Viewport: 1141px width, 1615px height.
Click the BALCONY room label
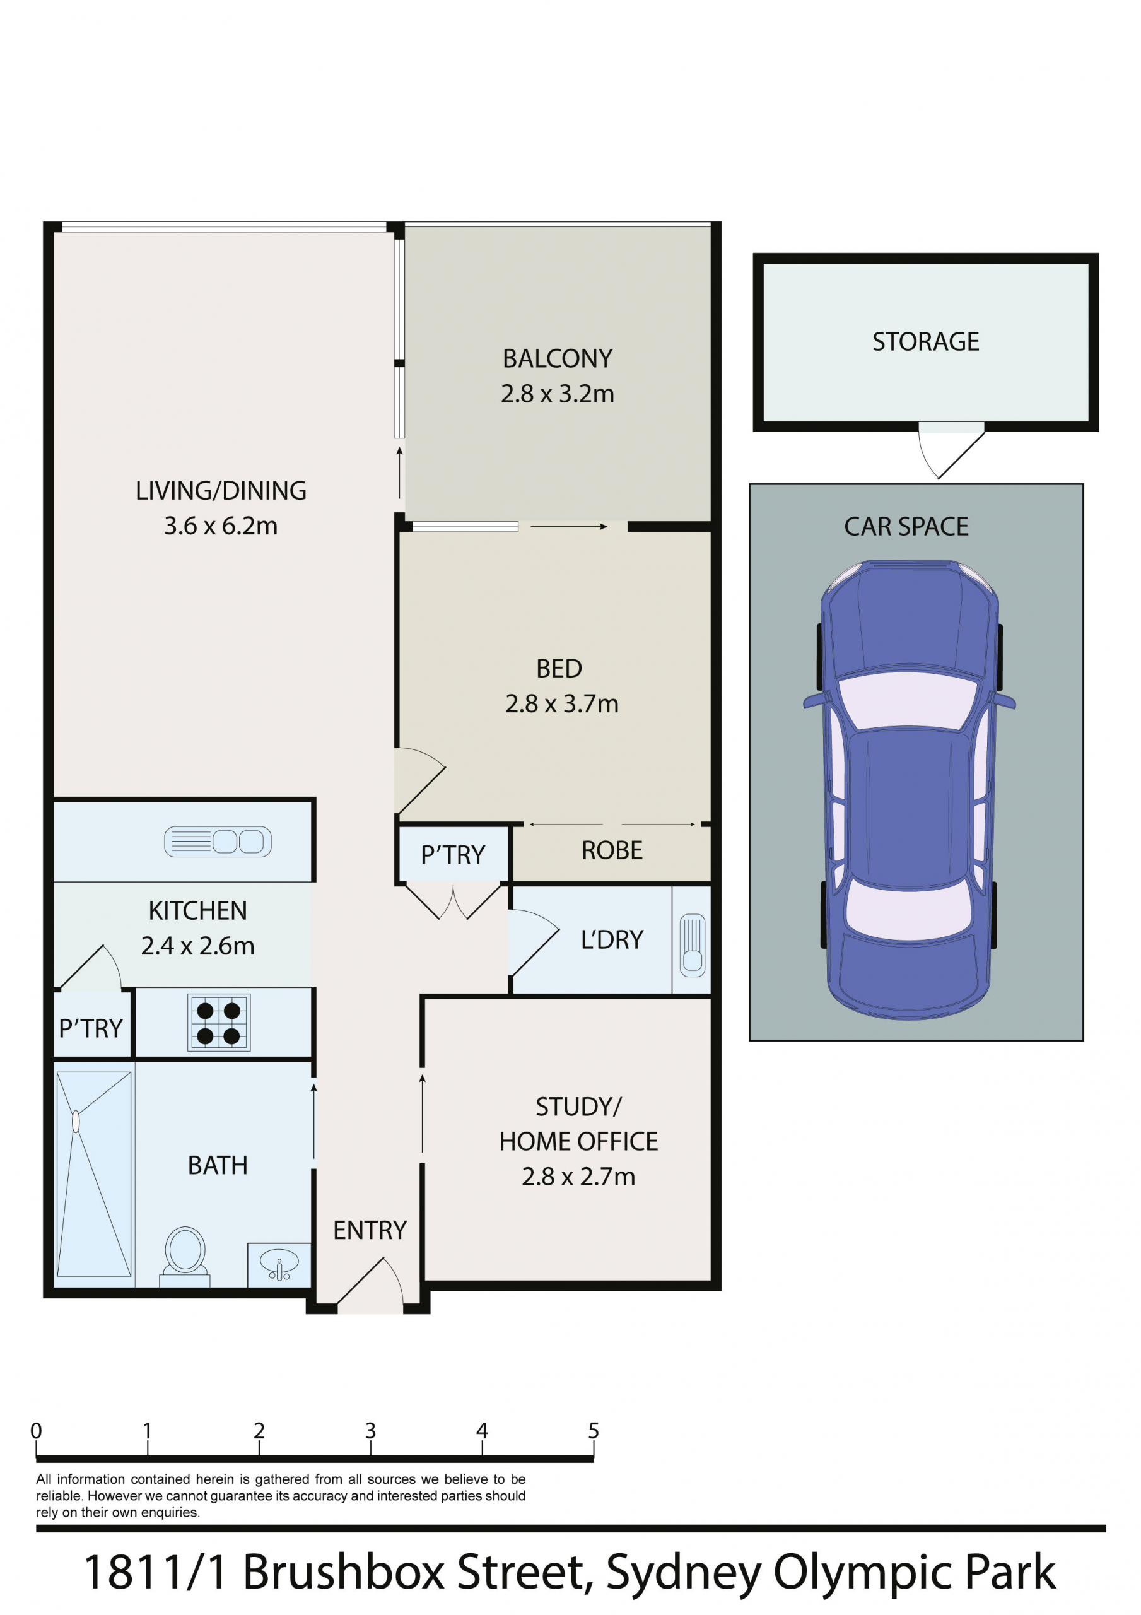point(557,359)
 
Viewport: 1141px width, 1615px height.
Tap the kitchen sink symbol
point(218,842)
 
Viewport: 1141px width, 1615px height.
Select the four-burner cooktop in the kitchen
point(219,1022)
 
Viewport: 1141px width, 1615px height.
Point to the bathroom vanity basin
point(279,1266)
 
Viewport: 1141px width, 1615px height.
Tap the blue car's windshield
point(909,700)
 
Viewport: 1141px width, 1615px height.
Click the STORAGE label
point(926,341)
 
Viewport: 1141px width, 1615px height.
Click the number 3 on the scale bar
point(371,1431)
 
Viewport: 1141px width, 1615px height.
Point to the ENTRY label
point(370,1230)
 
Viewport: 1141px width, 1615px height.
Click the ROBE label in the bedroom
point(612,850)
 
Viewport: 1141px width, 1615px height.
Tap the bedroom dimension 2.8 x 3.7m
point(561,703)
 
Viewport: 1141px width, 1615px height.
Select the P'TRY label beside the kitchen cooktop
point(91,1028)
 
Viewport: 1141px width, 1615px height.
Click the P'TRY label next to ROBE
point(453,855)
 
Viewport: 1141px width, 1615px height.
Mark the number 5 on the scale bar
point(594,1431)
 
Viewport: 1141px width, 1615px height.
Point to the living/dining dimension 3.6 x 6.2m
point(221,526)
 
